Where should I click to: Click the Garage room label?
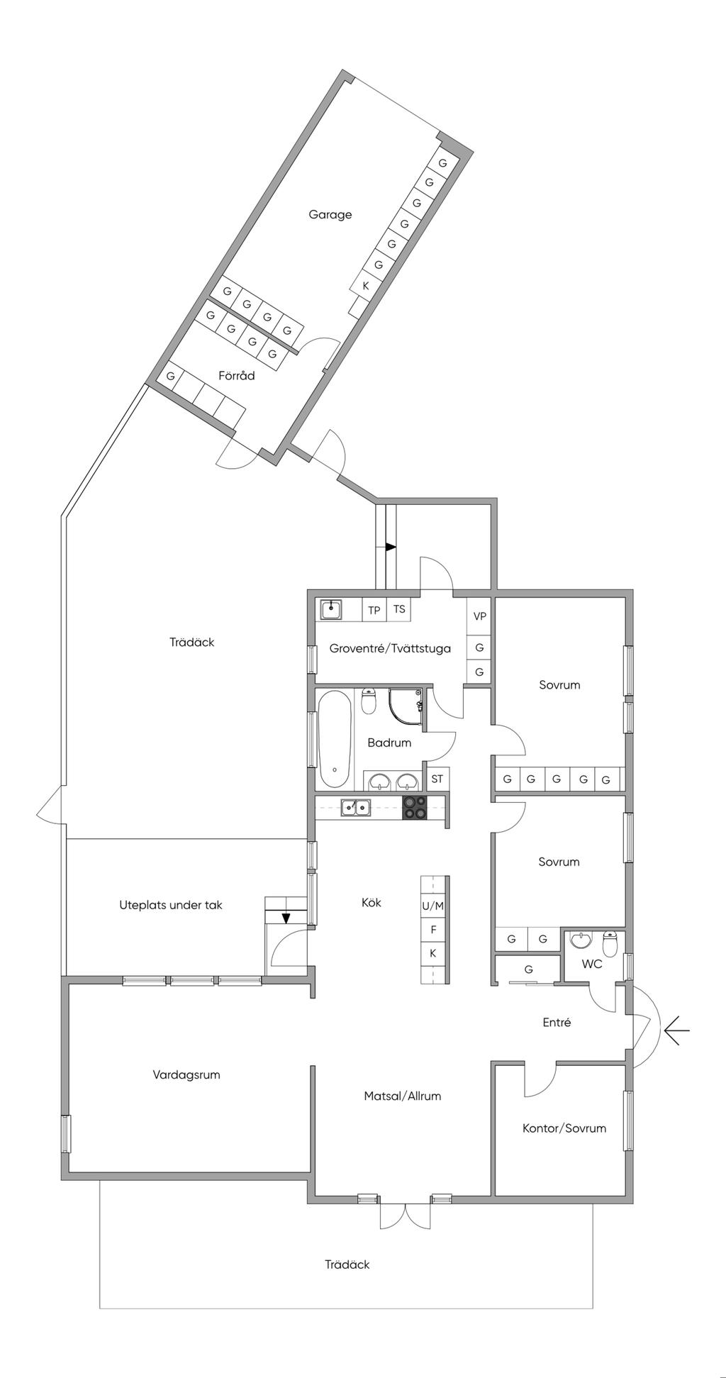click(330, 214)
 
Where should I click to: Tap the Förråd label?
click(236, 375)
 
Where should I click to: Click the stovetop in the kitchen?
click(415, 808)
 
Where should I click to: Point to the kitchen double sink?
click(354, 807)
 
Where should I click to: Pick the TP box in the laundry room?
click(374, 610)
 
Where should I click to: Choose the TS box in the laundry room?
click(399, 609)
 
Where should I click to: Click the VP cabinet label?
click(480, 616)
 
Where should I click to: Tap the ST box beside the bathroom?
click(437, 779)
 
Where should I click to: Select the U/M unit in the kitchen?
click(433, 906)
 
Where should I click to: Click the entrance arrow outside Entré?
click(676, 1030)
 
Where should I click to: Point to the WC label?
click(592, 964)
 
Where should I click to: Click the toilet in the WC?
click(610, 943)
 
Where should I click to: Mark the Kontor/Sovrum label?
click(564, 1128)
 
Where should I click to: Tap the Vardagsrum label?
click(186, 1074)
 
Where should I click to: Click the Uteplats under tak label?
click(171, 905)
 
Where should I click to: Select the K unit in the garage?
click(366, 286)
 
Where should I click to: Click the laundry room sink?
click(331, 609)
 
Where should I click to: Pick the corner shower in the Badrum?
click(406, 707)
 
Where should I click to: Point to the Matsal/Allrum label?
click(403, 1096)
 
